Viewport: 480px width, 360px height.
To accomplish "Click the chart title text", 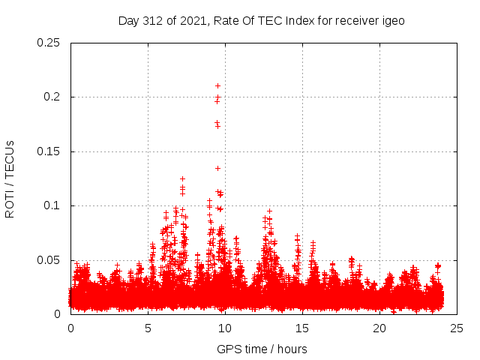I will click(x=261, y=20).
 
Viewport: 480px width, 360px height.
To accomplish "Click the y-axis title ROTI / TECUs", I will click(x=10, y=178).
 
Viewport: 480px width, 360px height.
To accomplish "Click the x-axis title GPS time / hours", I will click(x=262, y=349).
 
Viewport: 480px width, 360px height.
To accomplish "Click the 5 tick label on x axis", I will click(x=148, y=328).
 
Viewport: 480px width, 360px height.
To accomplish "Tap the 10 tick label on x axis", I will click(x=225, y=328).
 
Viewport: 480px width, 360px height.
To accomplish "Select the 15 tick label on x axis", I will click(x=302, y=328).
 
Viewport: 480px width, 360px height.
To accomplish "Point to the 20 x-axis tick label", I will click(x=379, y=328).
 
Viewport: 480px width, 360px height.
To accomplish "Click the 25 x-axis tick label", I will click(x=457, y=328).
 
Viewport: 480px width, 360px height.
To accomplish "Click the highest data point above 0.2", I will click(x=217, y=85).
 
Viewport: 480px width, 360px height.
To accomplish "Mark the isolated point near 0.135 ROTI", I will click(x=218, y=168).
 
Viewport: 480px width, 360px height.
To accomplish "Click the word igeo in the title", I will click(x=392, y=20).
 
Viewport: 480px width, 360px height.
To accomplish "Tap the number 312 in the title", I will click(x=154, y=20).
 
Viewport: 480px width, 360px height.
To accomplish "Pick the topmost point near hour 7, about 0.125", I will click(x=182, y=178).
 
